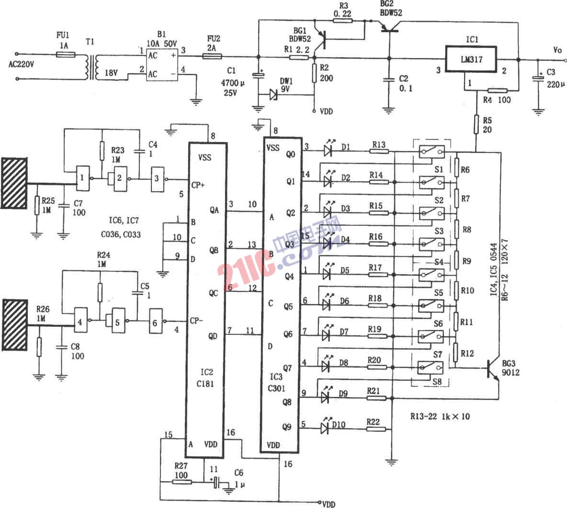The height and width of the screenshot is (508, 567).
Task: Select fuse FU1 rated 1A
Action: point(65,55)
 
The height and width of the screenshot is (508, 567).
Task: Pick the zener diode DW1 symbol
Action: point(273,94)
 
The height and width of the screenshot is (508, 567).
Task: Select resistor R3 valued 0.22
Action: point(342,21)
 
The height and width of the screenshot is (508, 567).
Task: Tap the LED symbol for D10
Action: point(324,428)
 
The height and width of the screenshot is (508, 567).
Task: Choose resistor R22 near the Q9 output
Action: point(374,428)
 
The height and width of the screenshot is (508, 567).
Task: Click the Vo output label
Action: point(557,50)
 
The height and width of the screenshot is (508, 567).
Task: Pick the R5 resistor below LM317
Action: point(476,124)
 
